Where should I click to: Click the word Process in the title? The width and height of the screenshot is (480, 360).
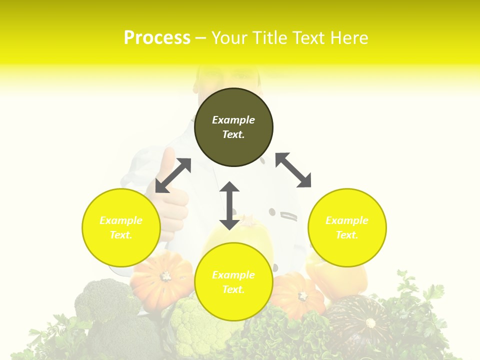[157, 38]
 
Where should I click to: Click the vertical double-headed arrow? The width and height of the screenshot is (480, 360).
[229, 205]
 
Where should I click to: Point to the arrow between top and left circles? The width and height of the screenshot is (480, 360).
[173, 175]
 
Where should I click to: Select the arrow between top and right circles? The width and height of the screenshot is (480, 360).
[293, 170]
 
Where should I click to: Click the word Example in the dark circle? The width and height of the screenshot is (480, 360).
[233, 120]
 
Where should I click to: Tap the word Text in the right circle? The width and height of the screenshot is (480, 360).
[347, 235]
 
